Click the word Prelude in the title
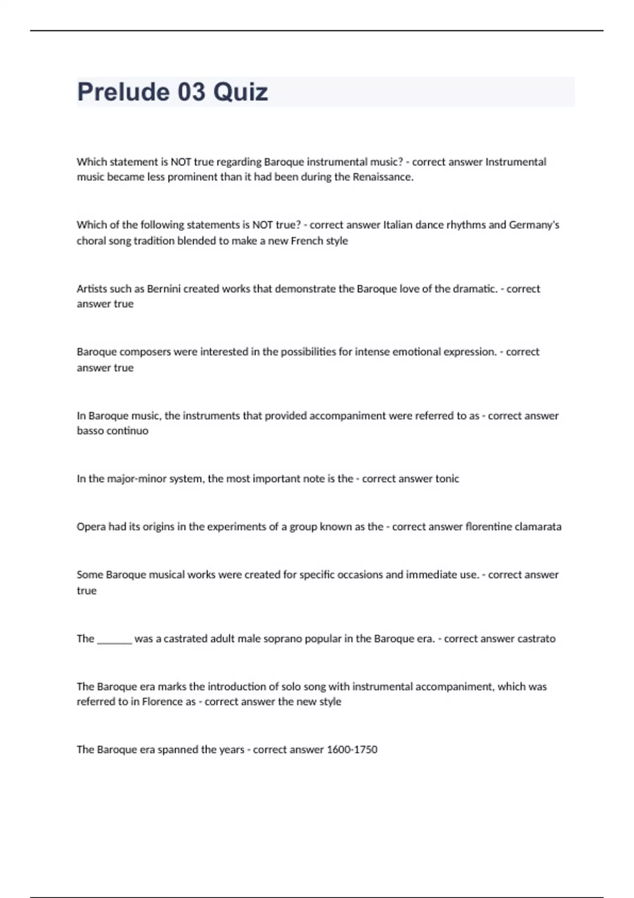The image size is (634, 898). (x=123, y=92)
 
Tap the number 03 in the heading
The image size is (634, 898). (x=191, y=92)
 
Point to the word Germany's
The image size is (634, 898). (x=534, y=225)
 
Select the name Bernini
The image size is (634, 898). (x=164, y=289)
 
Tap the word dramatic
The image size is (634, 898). (x=478, y=289)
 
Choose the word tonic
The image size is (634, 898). (x=447, y=479)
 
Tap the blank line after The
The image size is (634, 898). (x=115, y=639)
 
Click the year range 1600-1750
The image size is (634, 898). (x=352, y=750)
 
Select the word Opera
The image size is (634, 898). (x=91, y=527)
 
